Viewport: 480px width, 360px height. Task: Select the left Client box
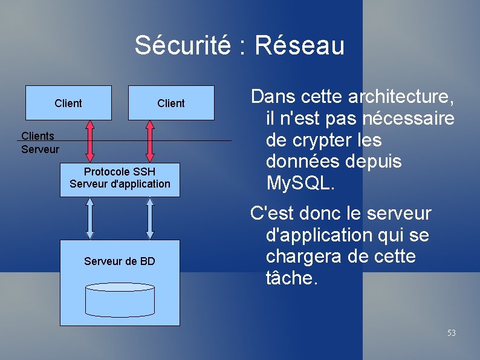coord(68,103)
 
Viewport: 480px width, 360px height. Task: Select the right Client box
coord(171,103)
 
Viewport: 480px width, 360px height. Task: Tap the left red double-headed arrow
coord(90,140)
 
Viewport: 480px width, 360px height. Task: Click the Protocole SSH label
coord(120,172)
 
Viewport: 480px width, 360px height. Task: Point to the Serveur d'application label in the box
coord(120,183)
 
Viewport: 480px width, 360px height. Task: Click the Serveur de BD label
coord(120,261)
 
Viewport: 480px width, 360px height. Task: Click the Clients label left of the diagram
coord(37,137)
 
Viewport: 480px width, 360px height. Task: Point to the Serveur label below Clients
coord(40,148)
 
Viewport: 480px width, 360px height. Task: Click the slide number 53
coord(451,333)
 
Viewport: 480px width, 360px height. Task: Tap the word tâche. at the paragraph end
coord(291,278)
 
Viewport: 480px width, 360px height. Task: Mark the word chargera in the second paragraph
coord(306,257)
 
